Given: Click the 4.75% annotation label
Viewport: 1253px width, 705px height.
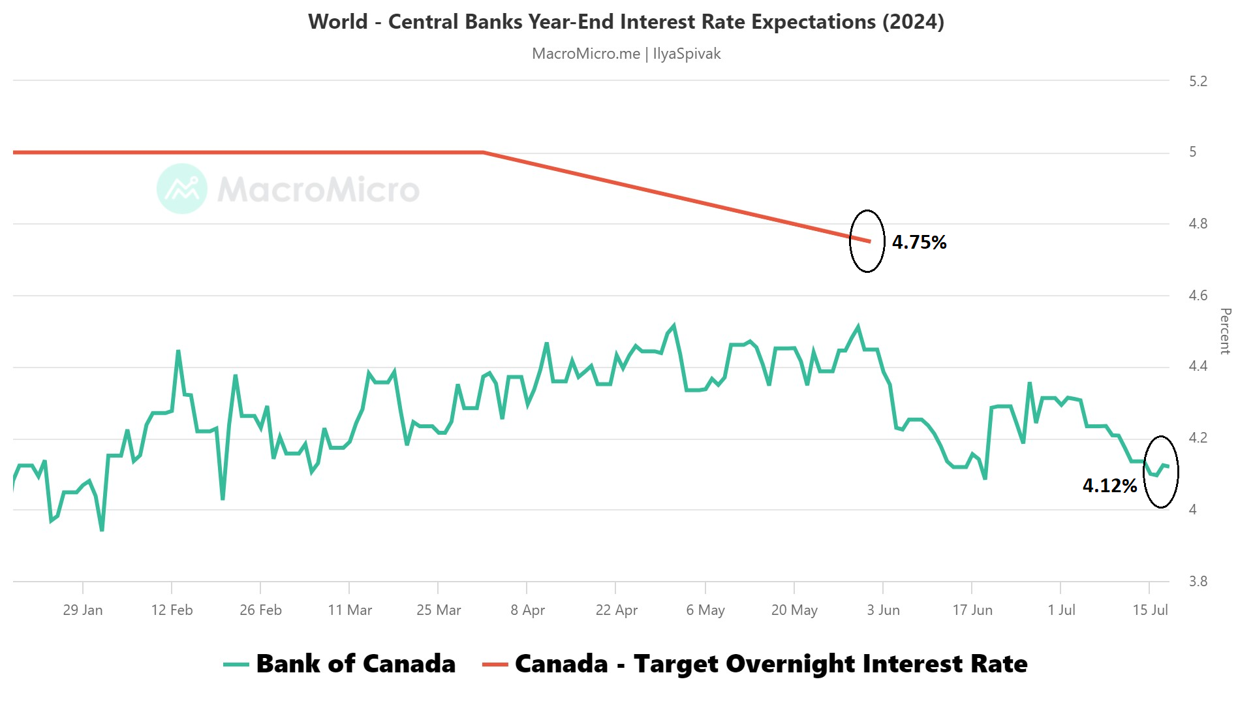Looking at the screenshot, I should coord(919,242).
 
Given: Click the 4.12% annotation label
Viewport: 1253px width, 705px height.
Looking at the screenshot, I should coord(1109,486).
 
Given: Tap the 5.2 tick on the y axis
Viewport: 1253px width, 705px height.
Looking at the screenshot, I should coord(1198,82).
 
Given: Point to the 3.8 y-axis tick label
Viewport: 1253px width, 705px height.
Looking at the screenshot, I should coord(1198,581).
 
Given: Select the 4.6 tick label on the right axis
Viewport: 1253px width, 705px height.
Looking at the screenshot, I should coord(1198,296).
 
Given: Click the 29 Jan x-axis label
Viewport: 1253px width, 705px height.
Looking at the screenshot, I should coord(83,610).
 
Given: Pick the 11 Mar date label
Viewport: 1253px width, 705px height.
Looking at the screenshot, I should coord(350,610).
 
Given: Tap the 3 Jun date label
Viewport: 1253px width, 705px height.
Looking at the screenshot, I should coord(883,610).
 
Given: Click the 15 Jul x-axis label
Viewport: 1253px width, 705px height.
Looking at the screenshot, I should coord(1150,610).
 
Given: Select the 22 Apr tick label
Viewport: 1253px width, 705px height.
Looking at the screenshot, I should coord(616,610).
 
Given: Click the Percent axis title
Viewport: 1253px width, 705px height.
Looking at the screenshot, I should coord(1225,331).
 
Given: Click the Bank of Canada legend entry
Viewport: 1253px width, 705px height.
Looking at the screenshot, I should coord(339,664).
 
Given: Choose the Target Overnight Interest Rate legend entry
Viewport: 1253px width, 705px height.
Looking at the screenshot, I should coord(755,664).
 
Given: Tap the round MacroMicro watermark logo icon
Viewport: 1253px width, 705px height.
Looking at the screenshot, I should coord(182,189).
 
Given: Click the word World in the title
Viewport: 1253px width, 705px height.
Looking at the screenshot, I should coord(338,22).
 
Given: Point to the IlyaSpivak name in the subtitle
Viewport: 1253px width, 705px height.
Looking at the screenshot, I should coord(687,54).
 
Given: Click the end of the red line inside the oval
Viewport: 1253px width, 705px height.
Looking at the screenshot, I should coord(869,241).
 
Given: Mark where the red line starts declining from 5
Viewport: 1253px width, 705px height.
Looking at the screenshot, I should coord(484,152).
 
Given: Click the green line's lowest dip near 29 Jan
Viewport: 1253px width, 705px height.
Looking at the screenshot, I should coord(102,530).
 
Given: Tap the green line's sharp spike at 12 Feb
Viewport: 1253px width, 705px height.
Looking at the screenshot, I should coord(178,351).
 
